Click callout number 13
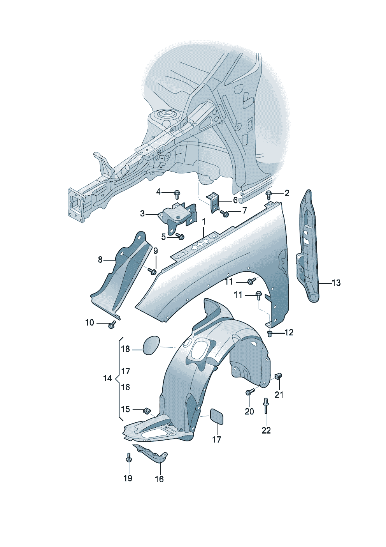(336, 283)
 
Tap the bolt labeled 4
(177, 195)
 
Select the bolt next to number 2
(269, 195)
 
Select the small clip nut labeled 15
(147, 411)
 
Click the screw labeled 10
(112, 324)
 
